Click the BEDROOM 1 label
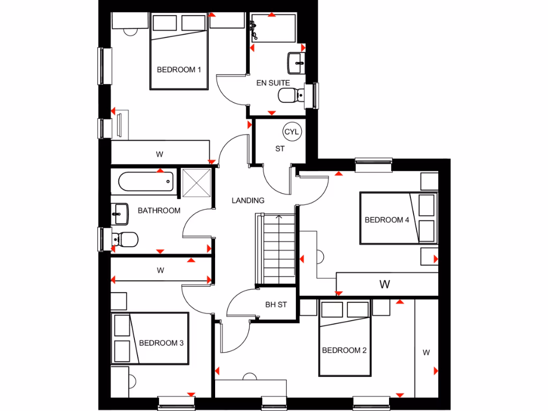tap(179, 70)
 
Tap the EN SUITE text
tap(273, 83)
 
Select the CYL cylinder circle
tap(292, 132)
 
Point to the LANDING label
tap(248, 201)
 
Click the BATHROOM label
tap(159, 210)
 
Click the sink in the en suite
tap(296, 63)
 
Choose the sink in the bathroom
tap(120, 214)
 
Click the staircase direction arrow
tap(278, 217)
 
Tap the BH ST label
tap(276, 305)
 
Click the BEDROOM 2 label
tap(344, 351)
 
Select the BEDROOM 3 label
tap(161, 342)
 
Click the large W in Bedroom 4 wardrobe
tap(384, 284)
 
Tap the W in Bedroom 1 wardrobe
tap(159, 154)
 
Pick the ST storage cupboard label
tap(280, 149)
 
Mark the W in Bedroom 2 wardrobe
tap(426, 352)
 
